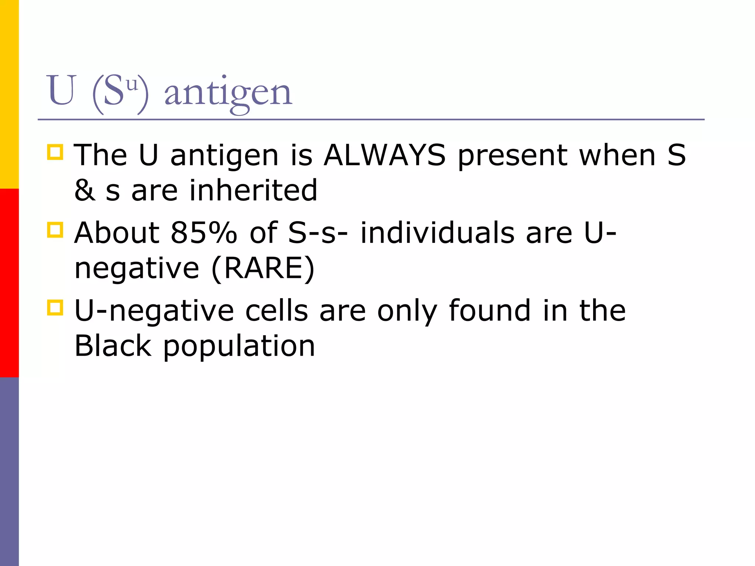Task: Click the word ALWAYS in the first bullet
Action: tap(385, 156)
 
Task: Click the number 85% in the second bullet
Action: tap(204, 233)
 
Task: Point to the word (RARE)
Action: tap(263, 268)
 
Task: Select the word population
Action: tap(239, 346)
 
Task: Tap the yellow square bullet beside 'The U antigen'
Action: tap(55, 152)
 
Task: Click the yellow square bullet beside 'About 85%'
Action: tap(55, 230)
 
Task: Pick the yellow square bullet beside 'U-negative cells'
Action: tap(55, 307)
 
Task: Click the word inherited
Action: tap(253, 190)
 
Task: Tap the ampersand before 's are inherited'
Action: tap(85, 191)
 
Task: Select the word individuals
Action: tap(437, 233)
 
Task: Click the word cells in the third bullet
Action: tap(276, 311)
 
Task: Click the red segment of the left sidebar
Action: tap(9, 283)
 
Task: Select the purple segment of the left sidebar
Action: tap(9, 472)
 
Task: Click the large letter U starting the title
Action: tap(62, 90)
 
